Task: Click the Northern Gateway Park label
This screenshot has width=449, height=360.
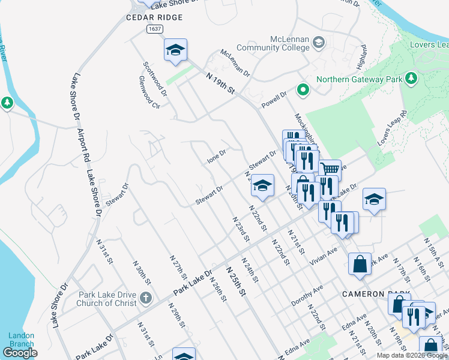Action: point(359,79)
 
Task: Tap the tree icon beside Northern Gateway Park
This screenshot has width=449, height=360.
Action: point(411,78)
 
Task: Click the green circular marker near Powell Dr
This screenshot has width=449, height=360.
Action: point(304,91)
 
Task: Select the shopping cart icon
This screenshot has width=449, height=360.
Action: point(330,170)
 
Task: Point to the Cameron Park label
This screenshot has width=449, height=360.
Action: point(376,294)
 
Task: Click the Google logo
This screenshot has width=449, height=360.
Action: point(20,353)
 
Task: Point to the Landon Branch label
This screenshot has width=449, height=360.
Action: point(22,340)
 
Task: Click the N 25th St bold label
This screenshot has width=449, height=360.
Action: point(236,283)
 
